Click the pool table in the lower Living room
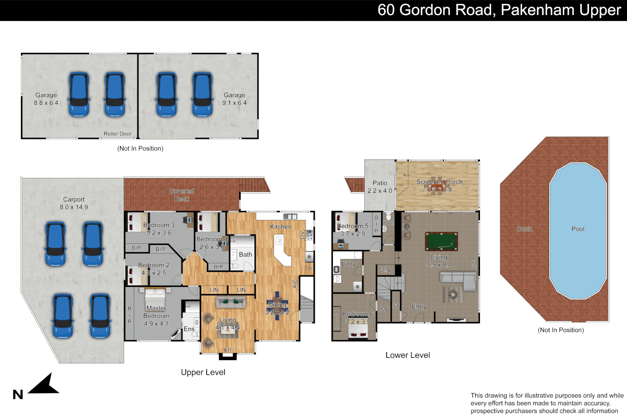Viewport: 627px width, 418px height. pos(441,242)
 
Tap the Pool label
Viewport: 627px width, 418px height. pos(577,229)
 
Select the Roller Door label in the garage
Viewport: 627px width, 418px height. pos(117,134)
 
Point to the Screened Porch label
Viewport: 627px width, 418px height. pos(439,182)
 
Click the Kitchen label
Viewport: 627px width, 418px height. pos(281,226)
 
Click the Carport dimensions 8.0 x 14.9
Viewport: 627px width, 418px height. pos(74,207)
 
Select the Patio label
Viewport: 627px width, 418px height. pos(380,183)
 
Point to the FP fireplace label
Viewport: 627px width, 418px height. pos(228,350)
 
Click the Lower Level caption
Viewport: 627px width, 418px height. pos(408,355)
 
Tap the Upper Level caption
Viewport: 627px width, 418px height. pos(203,372)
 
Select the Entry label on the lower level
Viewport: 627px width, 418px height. pos(419,306)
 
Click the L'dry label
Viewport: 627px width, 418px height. pos(348,264)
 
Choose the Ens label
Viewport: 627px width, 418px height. pos(189,329)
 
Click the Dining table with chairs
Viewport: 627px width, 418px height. pos(277,306)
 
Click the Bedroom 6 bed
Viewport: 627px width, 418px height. pos(358,331)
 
